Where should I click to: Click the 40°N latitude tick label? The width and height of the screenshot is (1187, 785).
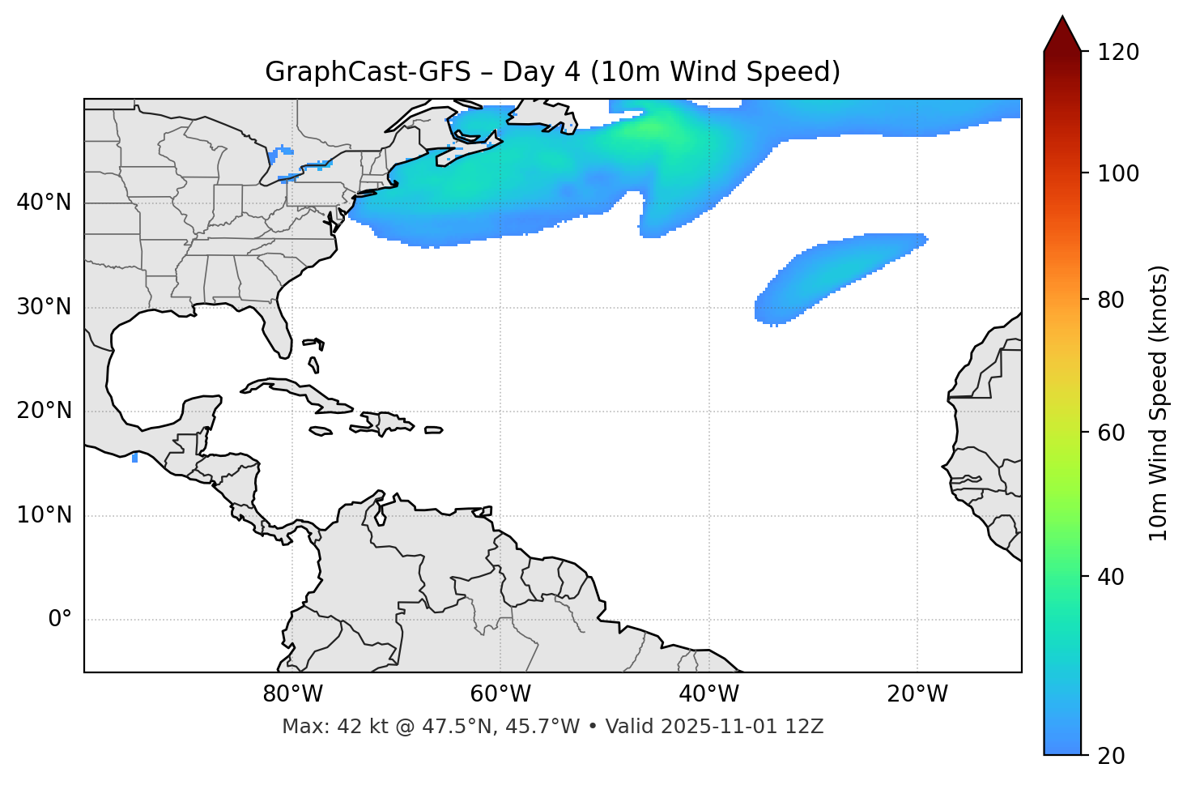(x=44, y=203)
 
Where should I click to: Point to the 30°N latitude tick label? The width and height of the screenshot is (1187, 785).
(x=44, y=307)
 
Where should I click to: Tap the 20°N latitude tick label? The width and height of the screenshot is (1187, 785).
(x=44, y=411)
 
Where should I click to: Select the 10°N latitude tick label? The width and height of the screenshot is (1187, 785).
(x=44, y=515)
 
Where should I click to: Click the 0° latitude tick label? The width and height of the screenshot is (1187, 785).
(x=60, y=620)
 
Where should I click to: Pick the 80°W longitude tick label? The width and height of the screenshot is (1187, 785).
(x=292, y=694)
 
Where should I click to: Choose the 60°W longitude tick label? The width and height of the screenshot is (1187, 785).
(x=500, y=694)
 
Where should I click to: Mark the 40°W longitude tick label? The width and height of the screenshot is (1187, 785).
(x=708, y=694)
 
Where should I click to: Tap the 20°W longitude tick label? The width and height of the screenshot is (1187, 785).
(x=917, y=694)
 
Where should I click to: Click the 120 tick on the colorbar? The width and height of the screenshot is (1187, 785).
(x=1118, y=52)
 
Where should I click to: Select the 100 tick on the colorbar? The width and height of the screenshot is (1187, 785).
(x=1118, y=173)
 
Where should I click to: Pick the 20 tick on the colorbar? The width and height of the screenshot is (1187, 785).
(x=1112, y=755)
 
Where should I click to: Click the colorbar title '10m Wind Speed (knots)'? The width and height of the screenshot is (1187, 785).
(x=1159, y=403)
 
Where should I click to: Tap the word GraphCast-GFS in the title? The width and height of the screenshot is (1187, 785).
(x=368, y=72)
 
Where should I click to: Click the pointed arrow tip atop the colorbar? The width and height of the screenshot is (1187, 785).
(x=1062, y=19)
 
